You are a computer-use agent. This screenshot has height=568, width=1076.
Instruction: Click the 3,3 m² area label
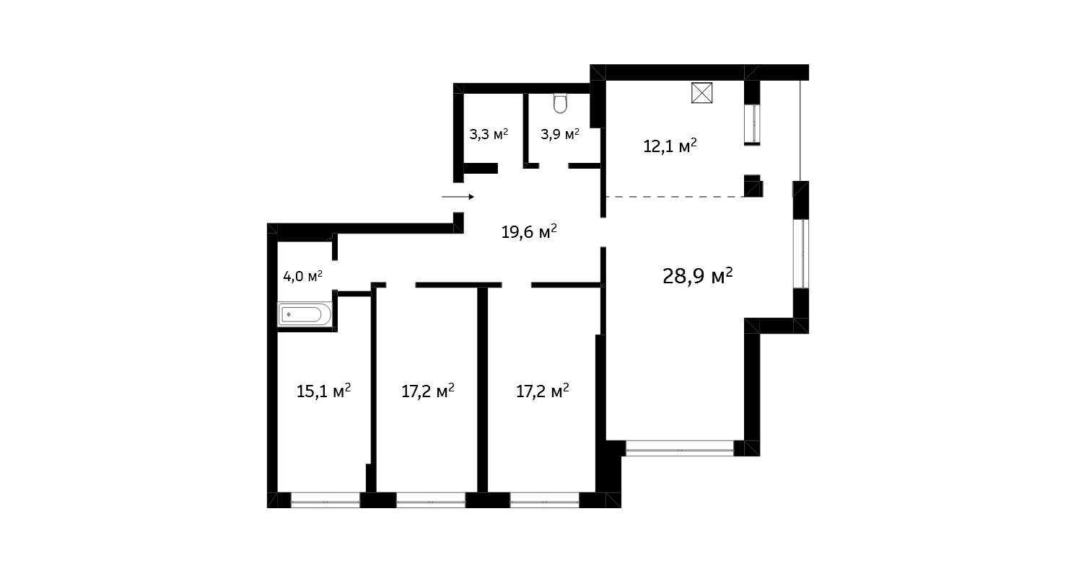coord(489,134)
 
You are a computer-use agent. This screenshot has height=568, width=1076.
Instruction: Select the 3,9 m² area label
coord(560,134)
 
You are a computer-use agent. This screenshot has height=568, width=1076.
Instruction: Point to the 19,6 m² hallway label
coord(529,231)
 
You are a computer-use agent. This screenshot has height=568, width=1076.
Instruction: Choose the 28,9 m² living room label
coord(697,275)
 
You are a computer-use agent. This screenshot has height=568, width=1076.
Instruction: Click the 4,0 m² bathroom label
coord(302,275)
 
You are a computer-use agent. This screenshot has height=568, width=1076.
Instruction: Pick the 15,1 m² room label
coord(323,391)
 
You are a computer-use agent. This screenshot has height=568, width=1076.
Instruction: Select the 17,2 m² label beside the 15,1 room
coord(427,391)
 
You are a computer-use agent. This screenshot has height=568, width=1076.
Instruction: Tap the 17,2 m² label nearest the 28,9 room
coord(543,391)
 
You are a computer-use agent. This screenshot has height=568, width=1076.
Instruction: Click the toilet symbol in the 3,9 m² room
coord(561,105)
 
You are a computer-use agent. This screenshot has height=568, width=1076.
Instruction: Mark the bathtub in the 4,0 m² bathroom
coord(305,314)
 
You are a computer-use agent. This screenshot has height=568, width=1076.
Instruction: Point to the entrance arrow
coord(458,196)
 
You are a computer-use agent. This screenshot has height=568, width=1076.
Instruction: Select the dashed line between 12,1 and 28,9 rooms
coord(674,197)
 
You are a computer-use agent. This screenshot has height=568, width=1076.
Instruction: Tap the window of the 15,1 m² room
coord(325,500)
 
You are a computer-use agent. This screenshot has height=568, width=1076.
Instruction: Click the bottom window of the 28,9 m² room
coord(679,448)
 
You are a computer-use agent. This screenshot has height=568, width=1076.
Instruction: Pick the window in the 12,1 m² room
coord(752,124)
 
